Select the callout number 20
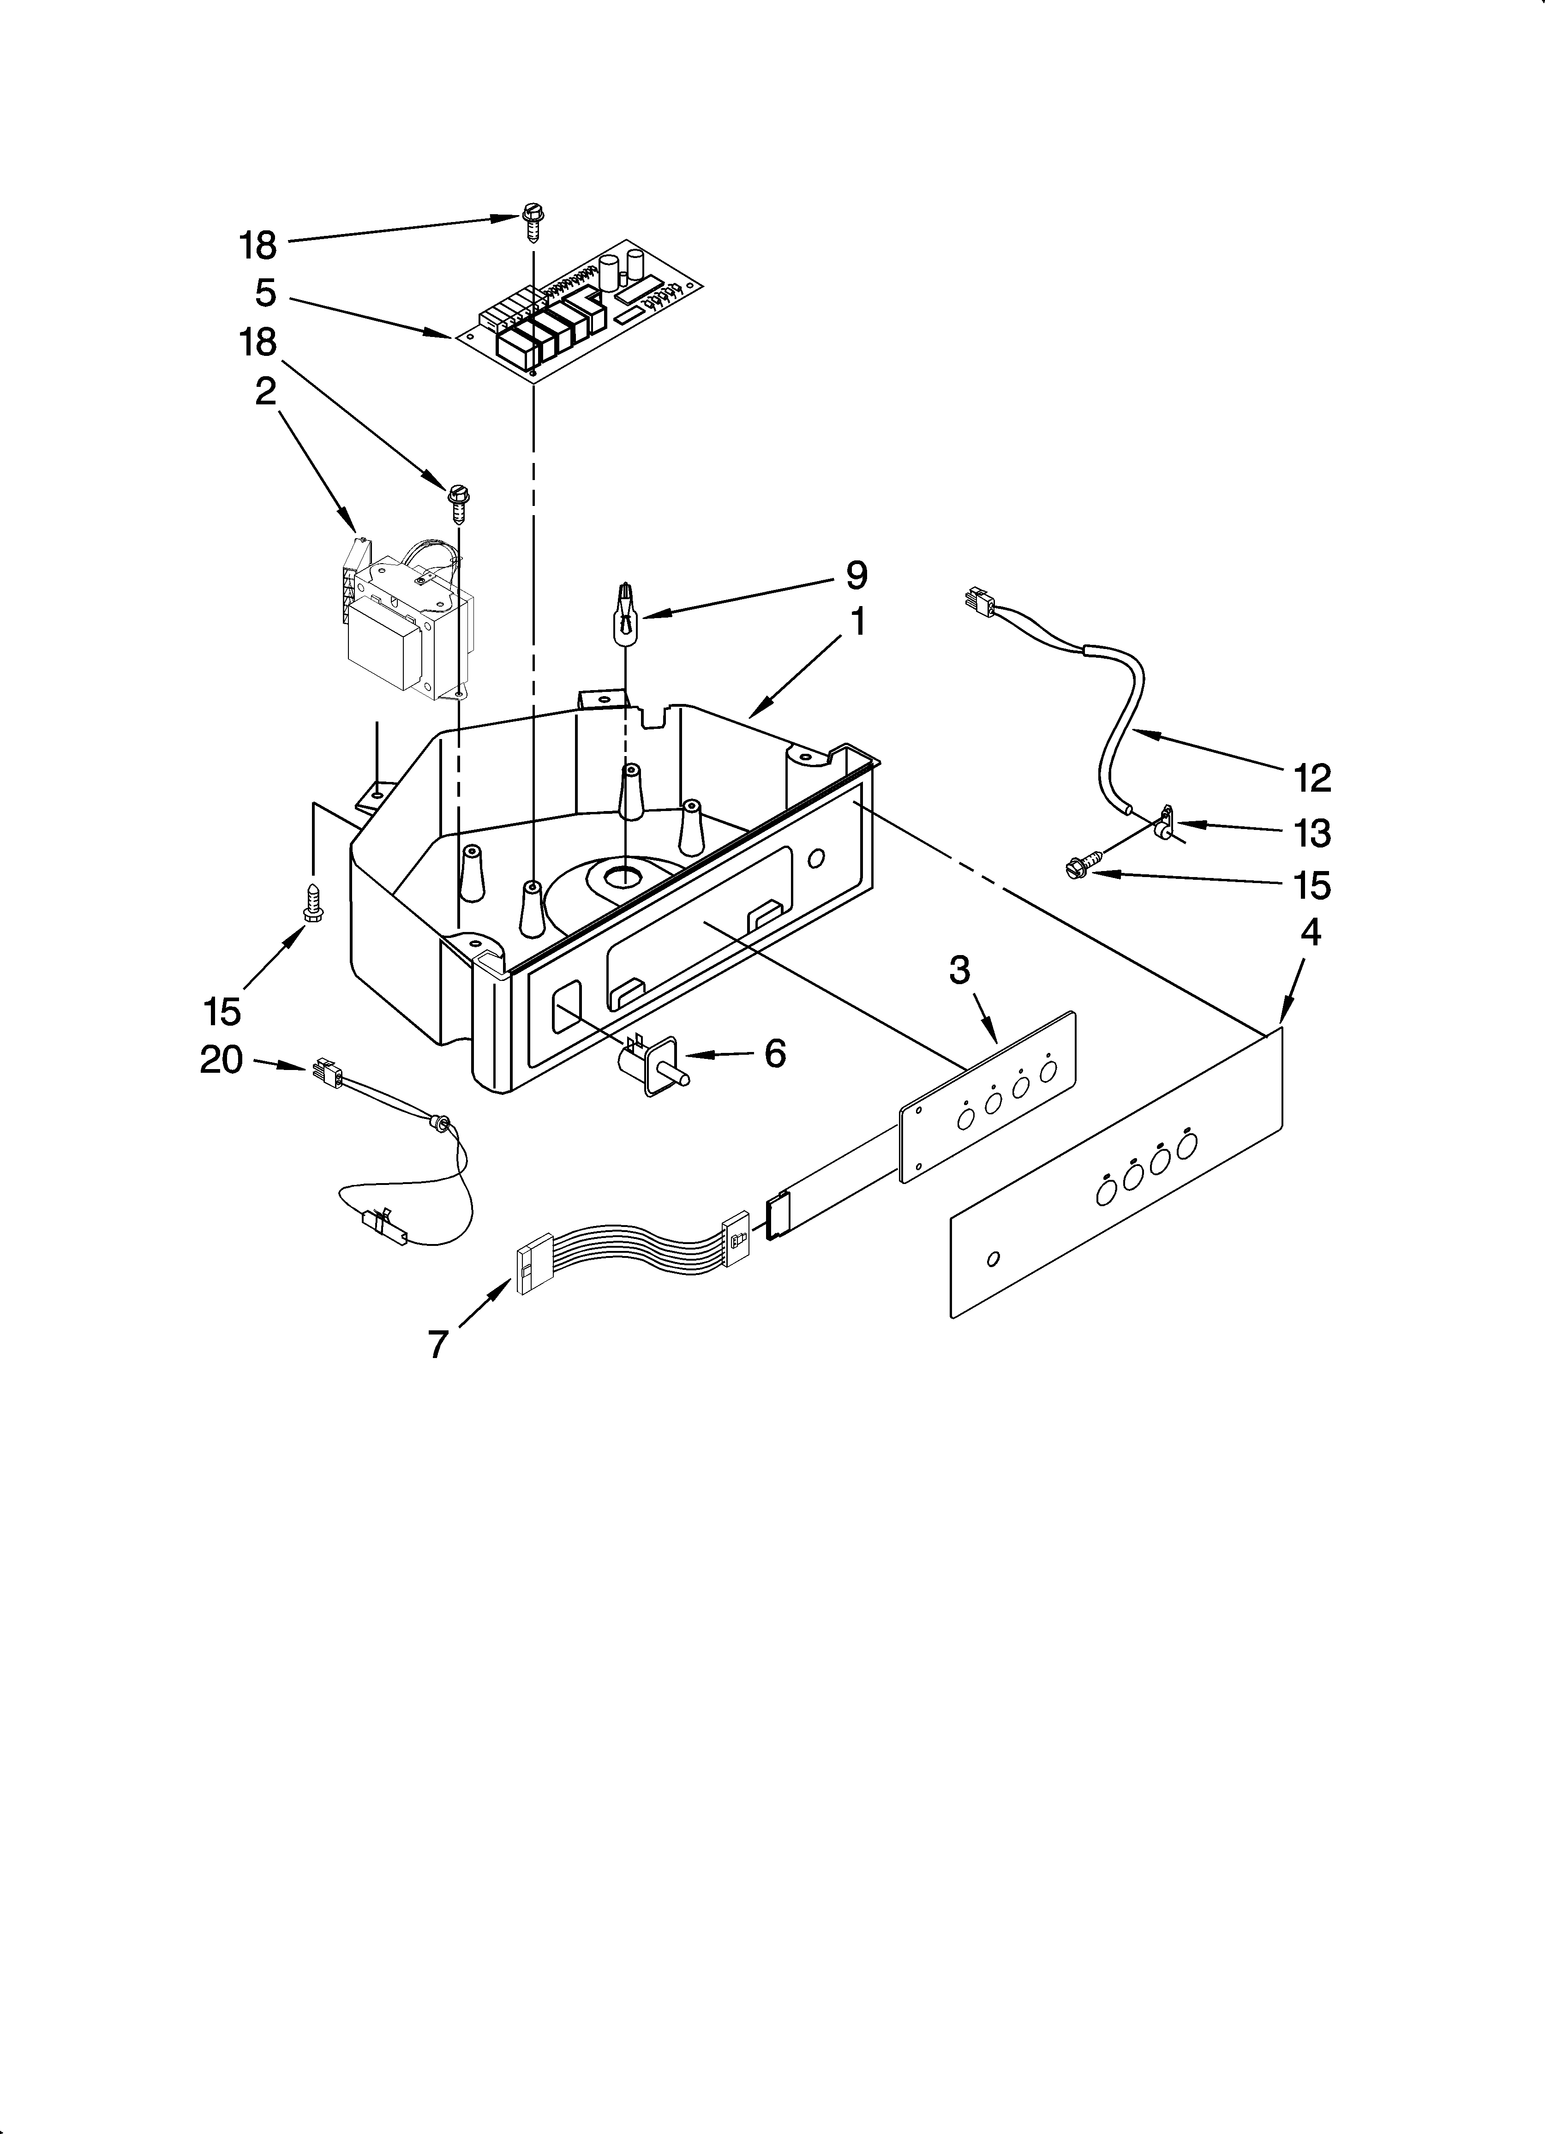222,1060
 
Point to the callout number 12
1311,778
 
